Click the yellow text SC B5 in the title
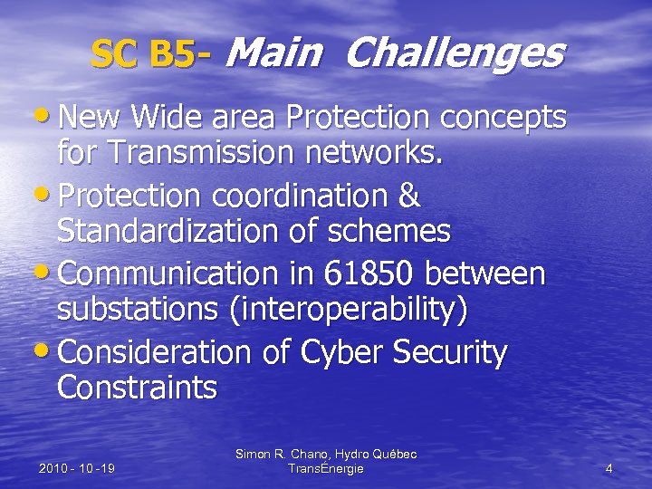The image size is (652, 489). click(143, 56)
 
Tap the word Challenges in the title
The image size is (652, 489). click(454, 54)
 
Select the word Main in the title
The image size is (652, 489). click(273, 54)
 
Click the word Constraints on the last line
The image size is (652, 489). click(137, 388)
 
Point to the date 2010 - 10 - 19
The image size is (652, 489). click(77, 468)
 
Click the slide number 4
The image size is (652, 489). click(609, 468)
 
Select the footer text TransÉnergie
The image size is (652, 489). click(325, 468)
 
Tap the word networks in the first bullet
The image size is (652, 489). click(384, 155)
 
